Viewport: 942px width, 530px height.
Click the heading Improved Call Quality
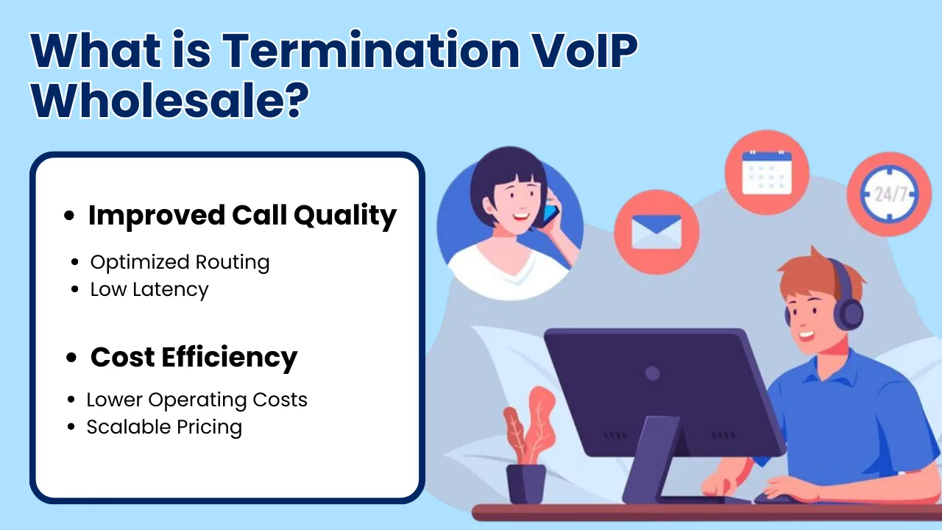(x=242, y=216)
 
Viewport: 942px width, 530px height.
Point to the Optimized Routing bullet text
(x=180, y=263)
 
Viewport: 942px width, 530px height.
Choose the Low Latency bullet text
(x=149, y=289)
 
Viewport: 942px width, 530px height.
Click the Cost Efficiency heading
(x=194, y=358)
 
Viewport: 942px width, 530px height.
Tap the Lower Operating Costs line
(x=196, y=400)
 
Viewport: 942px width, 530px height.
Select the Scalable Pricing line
(x=164, y=428)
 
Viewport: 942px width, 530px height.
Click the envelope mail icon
(x=656, y=232)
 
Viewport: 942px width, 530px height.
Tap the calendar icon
(x=767, y=172)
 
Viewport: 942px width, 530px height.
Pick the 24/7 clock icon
(x=888, y=194)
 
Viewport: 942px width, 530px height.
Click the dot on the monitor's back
(x=652, y=373)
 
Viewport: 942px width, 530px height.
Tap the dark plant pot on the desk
(x=525, y=483)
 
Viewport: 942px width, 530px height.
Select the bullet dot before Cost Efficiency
(x=71, y=358)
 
